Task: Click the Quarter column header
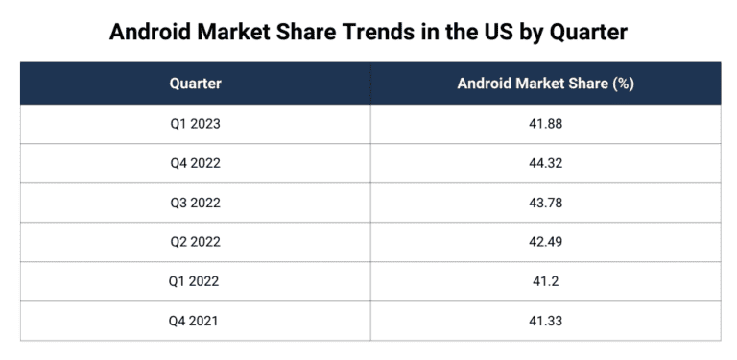coord(195,84)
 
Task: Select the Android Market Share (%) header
coord(545,84)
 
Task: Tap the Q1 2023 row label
coord(195,124)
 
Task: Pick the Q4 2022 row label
coord(195,163)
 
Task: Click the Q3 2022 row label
coord(195,203)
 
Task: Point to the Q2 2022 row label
coord(195,242)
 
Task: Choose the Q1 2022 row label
coord(195,281)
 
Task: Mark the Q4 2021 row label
coord(195,321)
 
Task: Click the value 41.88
coord(545,124)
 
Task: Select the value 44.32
coord(545,163)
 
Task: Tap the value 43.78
coord(545,203)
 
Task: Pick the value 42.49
coord(545,242)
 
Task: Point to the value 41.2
coord(545,281)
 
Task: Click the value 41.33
coord(545,321)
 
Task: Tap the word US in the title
coord(498,32)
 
